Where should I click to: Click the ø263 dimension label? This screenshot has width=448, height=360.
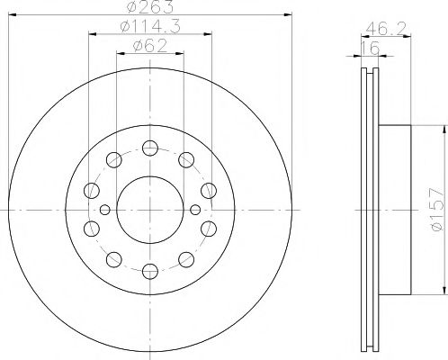149,7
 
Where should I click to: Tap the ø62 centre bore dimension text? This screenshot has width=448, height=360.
149,46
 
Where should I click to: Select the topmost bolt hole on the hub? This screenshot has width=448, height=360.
149,144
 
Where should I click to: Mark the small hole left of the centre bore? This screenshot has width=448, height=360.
105,210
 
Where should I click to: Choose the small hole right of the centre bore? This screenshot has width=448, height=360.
193,210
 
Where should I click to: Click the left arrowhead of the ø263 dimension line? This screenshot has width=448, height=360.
12,15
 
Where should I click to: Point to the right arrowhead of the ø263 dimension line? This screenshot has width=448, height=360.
287,15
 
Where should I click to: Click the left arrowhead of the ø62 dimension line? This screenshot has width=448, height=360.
121,54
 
